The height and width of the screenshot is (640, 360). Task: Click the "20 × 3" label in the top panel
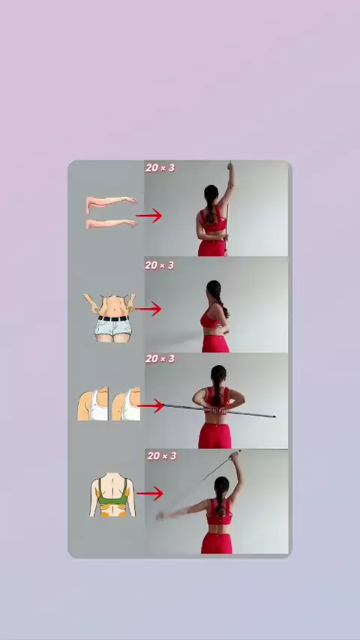[x=160, y=168]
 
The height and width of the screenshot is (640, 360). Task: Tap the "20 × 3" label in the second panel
[x=159, y=265]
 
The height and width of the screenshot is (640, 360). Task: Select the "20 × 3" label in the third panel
[x=160, y=359]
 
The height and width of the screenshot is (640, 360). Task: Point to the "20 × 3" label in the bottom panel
[x=162, y=456]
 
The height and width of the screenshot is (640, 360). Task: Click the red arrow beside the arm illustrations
[x=148, y=216]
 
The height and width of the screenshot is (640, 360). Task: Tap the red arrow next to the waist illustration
[x=148, y=309]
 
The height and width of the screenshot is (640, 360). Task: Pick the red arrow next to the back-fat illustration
[x=149, y=493]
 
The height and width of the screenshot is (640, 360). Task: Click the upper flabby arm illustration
[x=111, y=204]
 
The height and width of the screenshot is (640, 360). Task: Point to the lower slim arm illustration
[x=111, y=223]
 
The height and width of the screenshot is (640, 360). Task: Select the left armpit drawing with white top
[x=93, y=404]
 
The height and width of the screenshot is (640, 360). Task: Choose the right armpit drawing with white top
[x=126, y=404]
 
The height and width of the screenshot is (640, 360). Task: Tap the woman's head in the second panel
[x=213, y=289]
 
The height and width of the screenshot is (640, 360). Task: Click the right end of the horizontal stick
[x=274, y=417]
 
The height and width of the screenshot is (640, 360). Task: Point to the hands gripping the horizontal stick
[x=217, y=411]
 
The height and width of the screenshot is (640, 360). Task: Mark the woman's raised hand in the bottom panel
[x=235, y=456]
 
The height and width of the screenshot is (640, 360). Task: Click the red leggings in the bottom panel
[x=217, y=543]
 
